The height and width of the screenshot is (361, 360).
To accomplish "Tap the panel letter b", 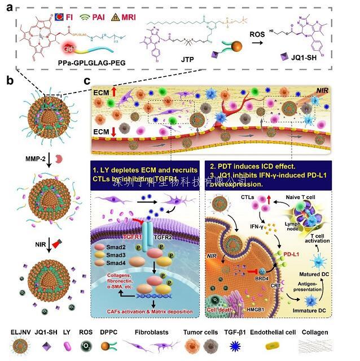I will (x=10, y=81).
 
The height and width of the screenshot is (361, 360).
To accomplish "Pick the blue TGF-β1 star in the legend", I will (x=243, y=345).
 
